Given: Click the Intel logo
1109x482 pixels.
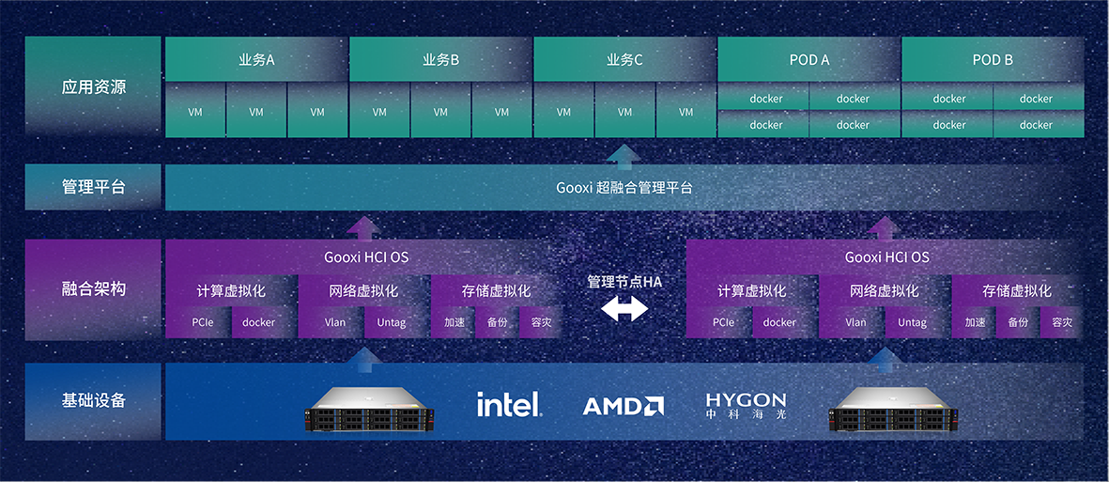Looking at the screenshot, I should coord(509,404).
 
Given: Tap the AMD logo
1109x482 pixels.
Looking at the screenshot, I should coord(623,406).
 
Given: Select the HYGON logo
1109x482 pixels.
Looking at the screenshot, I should coord(747,406).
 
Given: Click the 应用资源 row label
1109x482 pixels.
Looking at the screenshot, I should coord(93,87).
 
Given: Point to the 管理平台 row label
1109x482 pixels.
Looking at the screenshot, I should coord(93,187).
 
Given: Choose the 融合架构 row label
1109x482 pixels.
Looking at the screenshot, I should coord(93,288).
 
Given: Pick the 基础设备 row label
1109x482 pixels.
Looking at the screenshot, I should coord(93,401).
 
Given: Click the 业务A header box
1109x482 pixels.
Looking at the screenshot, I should coord(256,59).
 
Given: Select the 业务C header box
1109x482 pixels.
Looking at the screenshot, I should coord(624,59).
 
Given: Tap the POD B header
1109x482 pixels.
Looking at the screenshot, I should coord(993,59).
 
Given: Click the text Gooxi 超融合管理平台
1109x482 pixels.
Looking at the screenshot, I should coord(624,187).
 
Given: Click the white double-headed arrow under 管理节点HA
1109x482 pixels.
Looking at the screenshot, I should coord(624,308).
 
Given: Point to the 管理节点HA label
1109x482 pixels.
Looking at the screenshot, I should coord(624,281).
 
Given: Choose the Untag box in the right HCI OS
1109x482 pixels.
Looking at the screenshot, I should coord(912,322).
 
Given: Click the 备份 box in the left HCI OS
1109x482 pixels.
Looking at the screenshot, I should coord(498,322).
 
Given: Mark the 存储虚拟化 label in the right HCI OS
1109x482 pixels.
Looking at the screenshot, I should coord(1017,290).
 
